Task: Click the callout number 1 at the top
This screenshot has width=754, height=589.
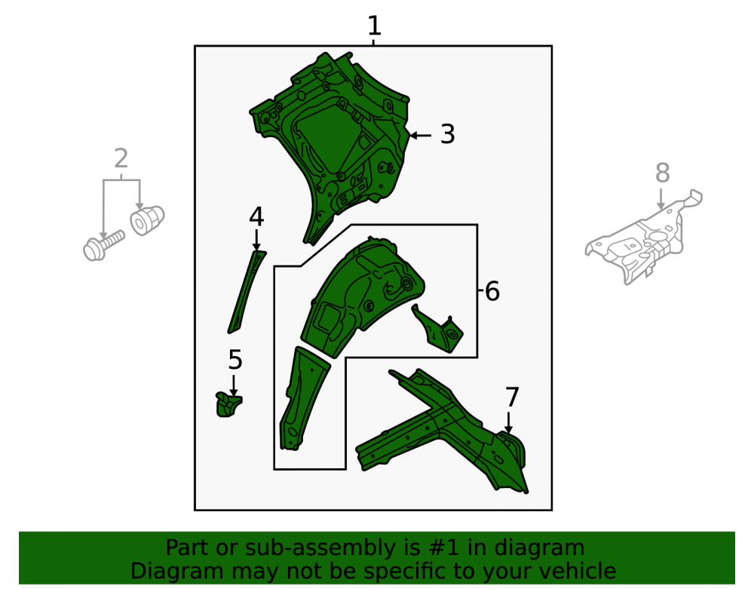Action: pos(374,26)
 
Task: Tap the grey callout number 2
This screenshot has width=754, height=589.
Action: pos(121,158)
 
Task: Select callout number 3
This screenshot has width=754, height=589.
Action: pos(448,134)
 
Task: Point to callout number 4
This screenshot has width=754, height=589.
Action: pos(256,217)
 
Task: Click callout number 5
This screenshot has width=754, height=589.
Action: pos(235,360)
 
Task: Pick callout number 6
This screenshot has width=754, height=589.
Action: pos(492,291)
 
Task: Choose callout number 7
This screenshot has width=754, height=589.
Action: pos(512,397)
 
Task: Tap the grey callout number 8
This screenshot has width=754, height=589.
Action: pos(663,173)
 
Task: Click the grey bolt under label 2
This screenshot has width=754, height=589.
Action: pos(103,245)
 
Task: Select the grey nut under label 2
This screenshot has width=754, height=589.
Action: pos(147,220)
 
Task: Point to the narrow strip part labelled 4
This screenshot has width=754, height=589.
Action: pos(246,292)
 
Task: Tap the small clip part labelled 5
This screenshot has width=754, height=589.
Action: pos(228,404)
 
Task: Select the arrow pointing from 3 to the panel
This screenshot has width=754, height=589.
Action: pos(420,136)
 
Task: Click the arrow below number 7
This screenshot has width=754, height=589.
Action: pos(508,423)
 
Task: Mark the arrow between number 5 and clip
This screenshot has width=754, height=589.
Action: pos(234,385)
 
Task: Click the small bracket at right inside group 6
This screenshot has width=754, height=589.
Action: pos(437,330)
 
